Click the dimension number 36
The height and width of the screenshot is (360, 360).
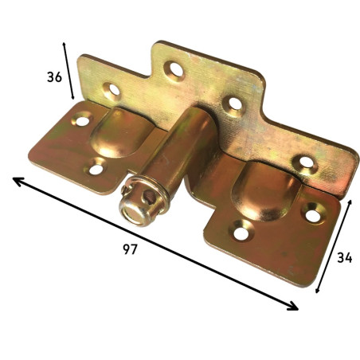(x=54, y=77)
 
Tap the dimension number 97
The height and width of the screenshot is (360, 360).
(x=130, y=249)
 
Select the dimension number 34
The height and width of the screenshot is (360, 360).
(x=345, y=257)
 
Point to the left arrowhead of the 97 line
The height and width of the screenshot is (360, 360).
(x=18, y=182)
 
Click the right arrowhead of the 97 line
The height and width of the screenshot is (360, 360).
(x=293, y=306)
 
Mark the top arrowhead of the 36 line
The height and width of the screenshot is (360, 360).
(x=64, y=45)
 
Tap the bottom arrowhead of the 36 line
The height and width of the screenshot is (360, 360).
(x=72, y=96)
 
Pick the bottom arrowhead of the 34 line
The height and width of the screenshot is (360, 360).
(x=317, y=290)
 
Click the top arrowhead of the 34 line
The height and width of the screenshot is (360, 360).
(x=350, y=203)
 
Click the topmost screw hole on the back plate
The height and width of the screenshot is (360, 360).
(x=174, y=70)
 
